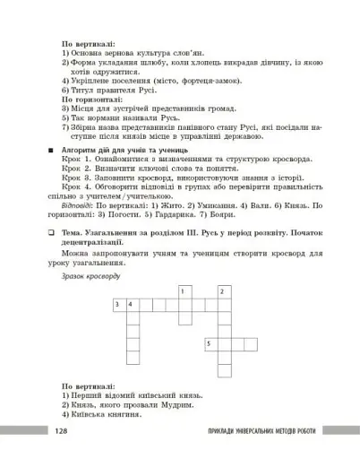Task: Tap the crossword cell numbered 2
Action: (222, 291)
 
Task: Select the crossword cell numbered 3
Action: (118, 305)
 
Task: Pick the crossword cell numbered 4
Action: (131, 305)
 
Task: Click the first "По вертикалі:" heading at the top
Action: (88, 43)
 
